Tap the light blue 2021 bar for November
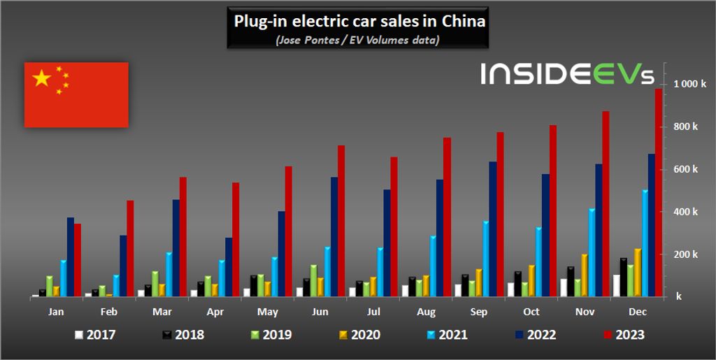[x=592, y=252]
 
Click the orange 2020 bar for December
[x=638, y=273]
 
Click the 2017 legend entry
[x=95, y=335]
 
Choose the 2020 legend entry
[x=359, y=335]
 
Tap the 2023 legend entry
[x=624, y=335]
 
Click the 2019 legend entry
[x=271, y=335]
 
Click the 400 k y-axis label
[x=685, y=212]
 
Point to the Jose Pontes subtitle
[x=358, y=40]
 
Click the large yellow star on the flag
[x=42, y=78]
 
